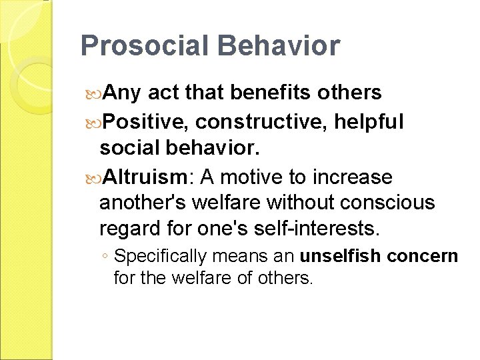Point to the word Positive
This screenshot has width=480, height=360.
pos(141,123)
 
